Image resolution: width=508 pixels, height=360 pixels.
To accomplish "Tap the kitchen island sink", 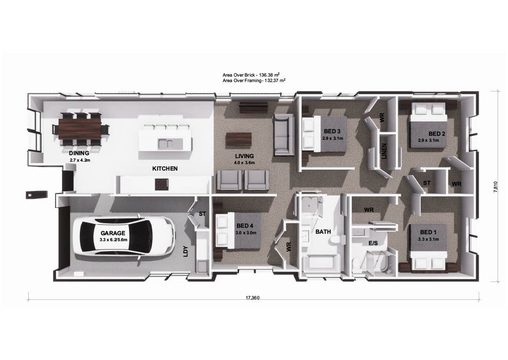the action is coord(170,143).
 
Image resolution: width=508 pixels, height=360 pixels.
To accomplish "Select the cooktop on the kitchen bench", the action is coord(162,184).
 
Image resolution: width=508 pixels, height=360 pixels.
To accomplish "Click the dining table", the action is coord(80,129).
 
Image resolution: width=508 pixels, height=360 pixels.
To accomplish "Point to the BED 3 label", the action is coord(332,131).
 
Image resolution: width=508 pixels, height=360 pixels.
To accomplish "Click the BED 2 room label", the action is coord(437,134).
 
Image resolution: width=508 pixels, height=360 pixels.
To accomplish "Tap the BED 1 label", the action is coord(428,232).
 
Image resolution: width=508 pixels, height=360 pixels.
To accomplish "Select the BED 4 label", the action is coord(245,226).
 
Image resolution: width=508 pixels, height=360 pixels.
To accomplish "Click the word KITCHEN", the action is coord(165,169).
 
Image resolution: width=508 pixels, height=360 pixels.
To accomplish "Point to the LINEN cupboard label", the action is coord(384,151).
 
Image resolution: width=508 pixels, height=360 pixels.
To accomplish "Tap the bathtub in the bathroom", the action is coord(321,263).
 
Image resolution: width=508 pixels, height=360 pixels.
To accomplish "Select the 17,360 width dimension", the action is coord(253,298).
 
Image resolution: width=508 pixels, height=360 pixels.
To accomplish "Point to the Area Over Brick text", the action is coord(251,75).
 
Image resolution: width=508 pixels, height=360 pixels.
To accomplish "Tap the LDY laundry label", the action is coord(186,252).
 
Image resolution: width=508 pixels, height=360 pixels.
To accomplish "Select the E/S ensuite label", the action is coord(373,243).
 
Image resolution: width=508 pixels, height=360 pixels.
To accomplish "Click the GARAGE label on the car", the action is coord(113,233).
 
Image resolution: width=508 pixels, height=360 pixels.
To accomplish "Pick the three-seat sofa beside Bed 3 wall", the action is coord(283,135).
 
